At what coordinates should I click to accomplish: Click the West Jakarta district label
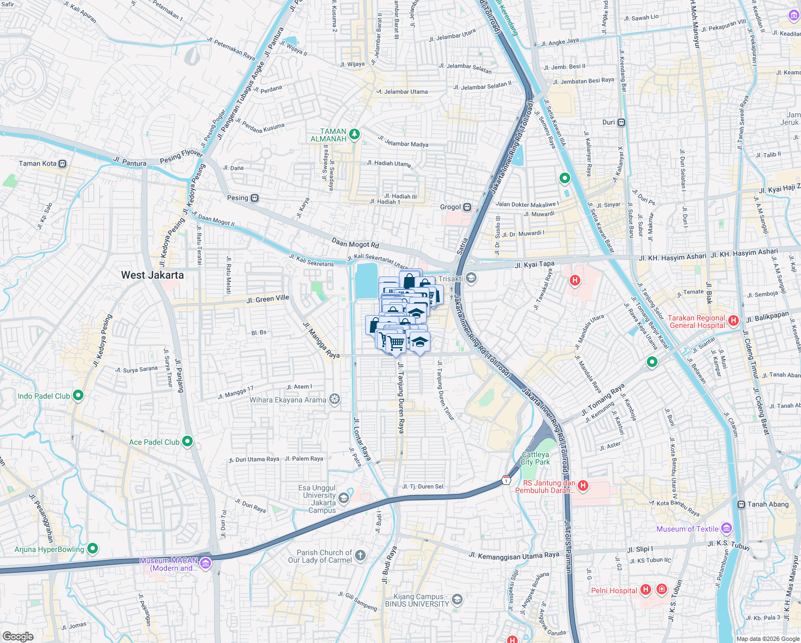pos(152,275)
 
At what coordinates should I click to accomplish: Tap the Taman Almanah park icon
pos(354,134)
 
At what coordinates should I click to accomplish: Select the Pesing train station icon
pos(255,198)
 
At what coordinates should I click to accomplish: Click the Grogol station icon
pos(467,207)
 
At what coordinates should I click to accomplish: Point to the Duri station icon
pos(621,123)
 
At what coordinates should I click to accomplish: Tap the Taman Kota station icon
pos(63,164)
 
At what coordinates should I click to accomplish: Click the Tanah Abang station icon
pos(741,505)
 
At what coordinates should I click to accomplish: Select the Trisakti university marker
pos(471,278)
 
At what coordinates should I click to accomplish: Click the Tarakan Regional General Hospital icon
pos(734,321)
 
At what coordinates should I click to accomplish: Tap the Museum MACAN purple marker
pos(206,563)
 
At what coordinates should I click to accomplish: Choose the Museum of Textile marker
pos(726,529)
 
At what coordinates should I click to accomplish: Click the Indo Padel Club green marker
pos(78,396)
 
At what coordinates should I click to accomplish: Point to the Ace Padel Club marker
pos(187,442)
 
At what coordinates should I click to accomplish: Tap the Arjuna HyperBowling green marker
pos(93,549)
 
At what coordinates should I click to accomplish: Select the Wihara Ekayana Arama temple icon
pos(334,400)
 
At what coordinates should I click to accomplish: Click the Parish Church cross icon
pos(360,556)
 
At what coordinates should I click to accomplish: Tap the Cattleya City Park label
pos(535,458)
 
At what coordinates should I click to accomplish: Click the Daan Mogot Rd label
pos(355,243)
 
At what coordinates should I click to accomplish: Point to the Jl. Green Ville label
pos(268,299)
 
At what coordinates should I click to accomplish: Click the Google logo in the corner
pos(18,636)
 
